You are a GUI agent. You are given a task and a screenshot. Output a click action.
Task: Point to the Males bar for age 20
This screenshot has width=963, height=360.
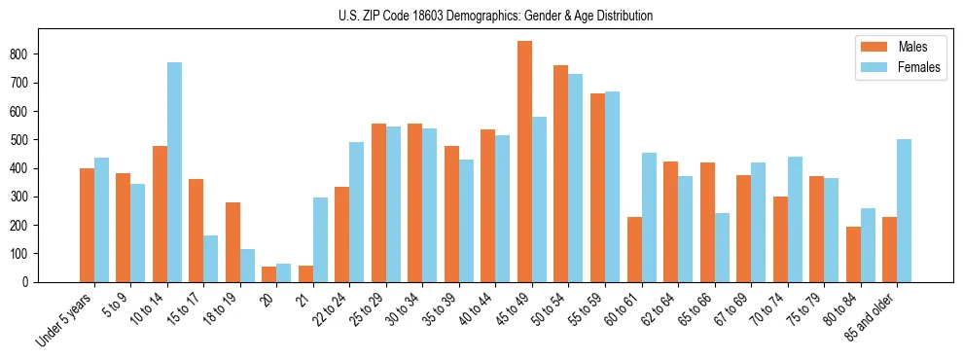coord(268,274)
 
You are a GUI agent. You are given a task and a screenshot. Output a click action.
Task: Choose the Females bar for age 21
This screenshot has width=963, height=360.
coord(320,239)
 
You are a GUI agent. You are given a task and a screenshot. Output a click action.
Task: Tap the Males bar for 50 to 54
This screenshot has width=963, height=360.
coord(561,173)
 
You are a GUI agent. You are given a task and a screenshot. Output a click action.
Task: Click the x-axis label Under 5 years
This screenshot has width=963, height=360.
coord(64,321)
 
